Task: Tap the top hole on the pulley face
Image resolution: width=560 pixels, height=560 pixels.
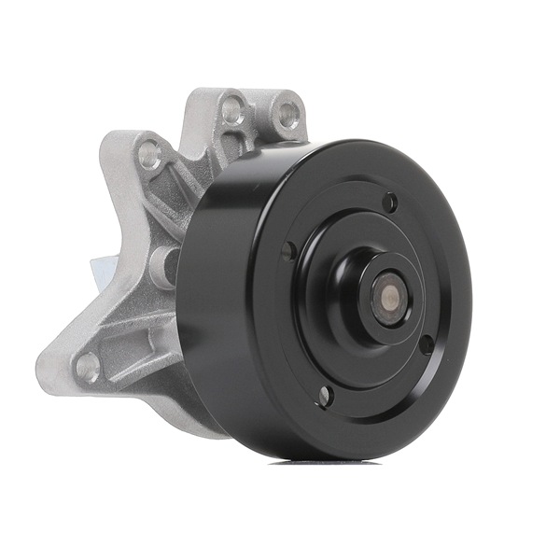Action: coord(390,201)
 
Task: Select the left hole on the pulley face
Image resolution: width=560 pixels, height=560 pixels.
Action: coord(288,250)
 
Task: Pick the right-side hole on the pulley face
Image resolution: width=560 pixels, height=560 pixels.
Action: coord(426,343)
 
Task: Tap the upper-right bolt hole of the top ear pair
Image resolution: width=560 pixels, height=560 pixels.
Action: coord(288,116)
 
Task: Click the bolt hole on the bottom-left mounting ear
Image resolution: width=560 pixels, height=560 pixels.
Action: coord(87,366)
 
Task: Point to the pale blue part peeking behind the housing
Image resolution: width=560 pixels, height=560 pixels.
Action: coord(97,266)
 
